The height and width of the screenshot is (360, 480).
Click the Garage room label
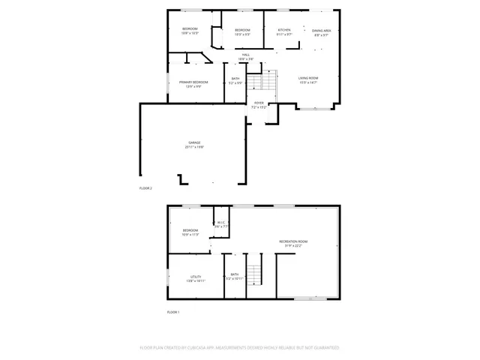(x=193, y=142)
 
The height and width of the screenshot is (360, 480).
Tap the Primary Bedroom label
(x=193, y=82)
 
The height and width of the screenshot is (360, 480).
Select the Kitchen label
(x=284, y=30)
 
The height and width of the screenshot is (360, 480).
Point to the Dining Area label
(x=322, y=30)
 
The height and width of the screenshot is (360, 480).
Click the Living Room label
(x=309, y=78)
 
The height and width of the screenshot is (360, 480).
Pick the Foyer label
(x=259, y=103)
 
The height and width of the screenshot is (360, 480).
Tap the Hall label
(x=245, y=55)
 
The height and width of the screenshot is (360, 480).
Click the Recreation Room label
(x=293, y=241)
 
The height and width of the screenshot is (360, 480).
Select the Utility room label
(x=196, y=277)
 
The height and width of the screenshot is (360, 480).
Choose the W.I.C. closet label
(x=221, y=222)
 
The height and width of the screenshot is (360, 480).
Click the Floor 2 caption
(x=145, y=187)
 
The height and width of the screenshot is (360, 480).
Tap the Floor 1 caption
(x=172, y=311)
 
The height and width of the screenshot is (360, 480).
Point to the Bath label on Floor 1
(x=235, y=274)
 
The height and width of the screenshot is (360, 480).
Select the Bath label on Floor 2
(x=235, y=79)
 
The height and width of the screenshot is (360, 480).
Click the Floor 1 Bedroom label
(x=190, y=230)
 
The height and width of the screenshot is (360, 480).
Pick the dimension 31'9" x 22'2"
(x=293, y=245)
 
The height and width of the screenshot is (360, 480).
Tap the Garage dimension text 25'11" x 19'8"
(x=193, y=147)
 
